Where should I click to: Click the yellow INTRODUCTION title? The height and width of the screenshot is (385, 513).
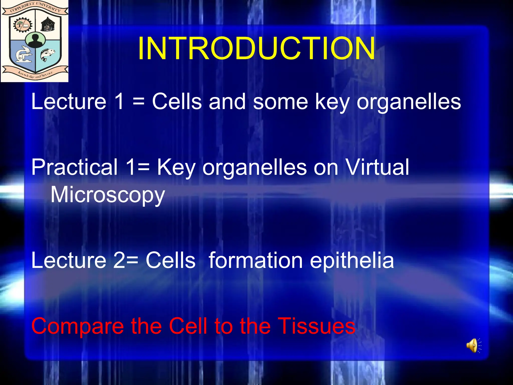[x=256, y=48]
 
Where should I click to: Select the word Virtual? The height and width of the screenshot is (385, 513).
[x=377, y=167]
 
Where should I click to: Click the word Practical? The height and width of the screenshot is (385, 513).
[x=74, y=167]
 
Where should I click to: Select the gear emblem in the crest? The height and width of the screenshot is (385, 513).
[x=23, y=25]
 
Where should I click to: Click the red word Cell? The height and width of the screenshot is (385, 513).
[x=188, y=326]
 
